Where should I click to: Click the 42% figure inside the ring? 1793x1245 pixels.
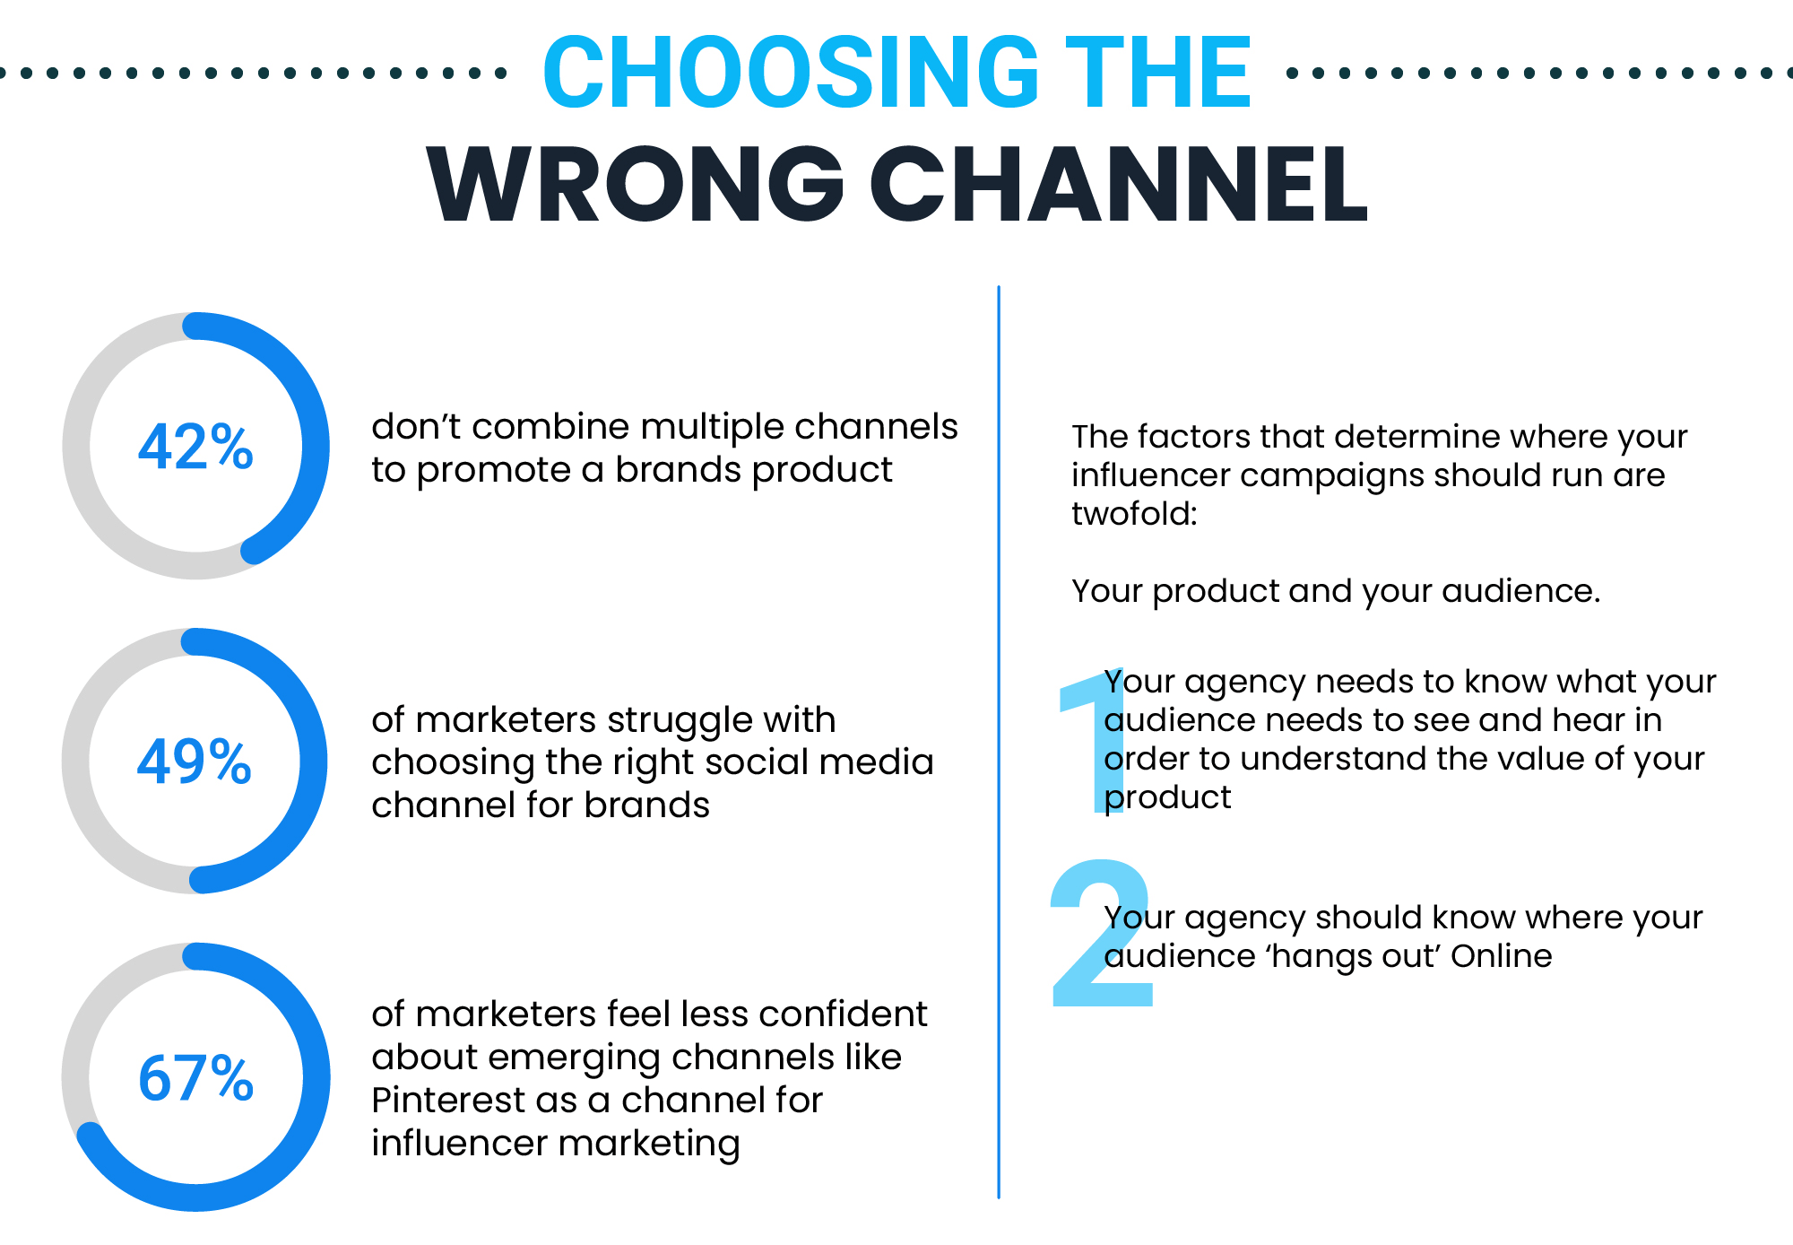(x=195, y=447)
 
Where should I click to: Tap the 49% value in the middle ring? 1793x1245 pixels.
(x=195, y=762)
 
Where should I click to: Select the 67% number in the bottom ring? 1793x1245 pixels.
(x=195, y=1077)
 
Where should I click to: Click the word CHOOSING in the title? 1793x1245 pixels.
(x=792, y=72)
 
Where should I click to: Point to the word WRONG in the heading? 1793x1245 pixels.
(x=636, y=184)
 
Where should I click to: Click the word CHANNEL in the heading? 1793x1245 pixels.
(x=1119, y=184)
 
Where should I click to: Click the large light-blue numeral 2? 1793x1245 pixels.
(x=1101, y=933)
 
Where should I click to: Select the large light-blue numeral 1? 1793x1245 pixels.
(x=1092, y=743)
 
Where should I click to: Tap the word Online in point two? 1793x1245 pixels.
(x=1502, y=956)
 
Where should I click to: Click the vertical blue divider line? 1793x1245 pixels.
(x=999, y=743)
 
